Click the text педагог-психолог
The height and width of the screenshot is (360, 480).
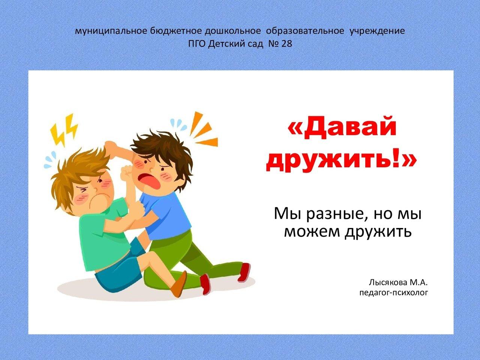click(393, 292)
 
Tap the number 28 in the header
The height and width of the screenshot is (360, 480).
click(286, 44)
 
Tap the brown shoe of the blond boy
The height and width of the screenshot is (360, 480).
click(179, 284)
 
